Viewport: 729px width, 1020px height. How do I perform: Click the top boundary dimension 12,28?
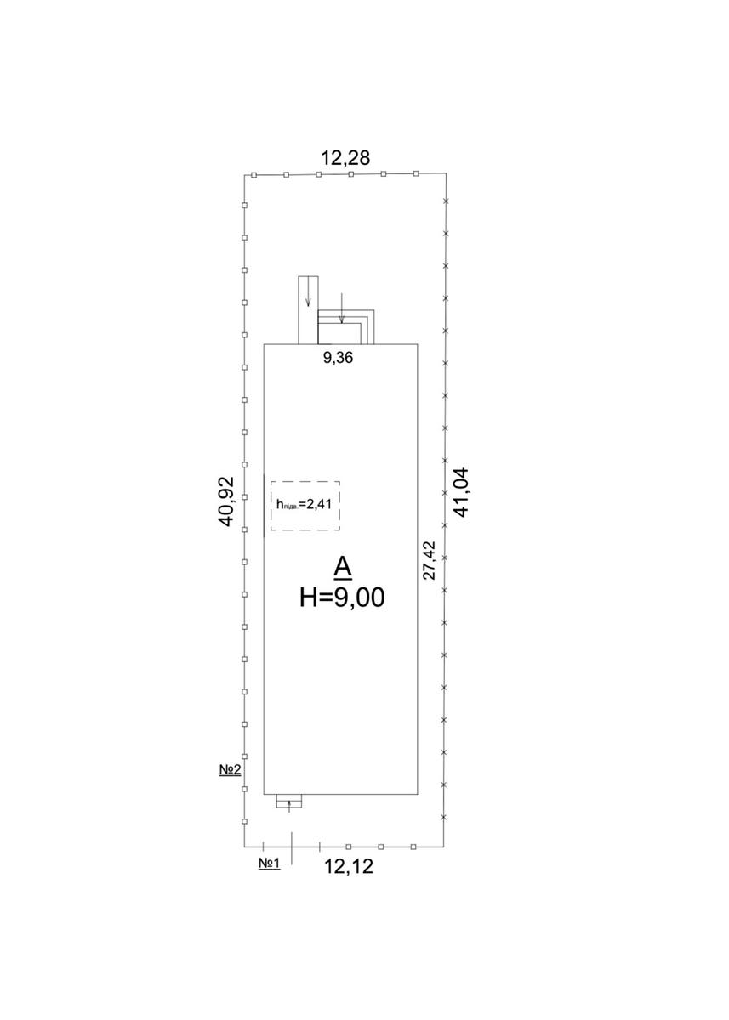pos(345,157)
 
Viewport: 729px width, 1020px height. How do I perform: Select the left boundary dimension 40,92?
pos(226,501)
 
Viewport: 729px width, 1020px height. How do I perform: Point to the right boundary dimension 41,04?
pos(461,492)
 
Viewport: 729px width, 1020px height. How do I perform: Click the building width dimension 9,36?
pos(338,358)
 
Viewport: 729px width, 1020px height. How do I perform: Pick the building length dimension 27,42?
pos(430,560)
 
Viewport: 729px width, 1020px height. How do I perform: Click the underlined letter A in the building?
pos(343,569)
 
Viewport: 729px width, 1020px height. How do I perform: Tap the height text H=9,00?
pos(342,597)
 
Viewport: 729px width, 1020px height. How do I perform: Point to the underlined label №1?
pos(270,863)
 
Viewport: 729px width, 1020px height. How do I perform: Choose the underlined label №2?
pos(230,769)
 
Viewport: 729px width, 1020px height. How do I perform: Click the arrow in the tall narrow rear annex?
pos(309,291)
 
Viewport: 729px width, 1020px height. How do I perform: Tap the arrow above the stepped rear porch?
pos(342,309)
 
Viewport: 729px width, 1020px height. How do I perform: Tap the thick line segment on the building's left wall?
pos(264,506)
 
